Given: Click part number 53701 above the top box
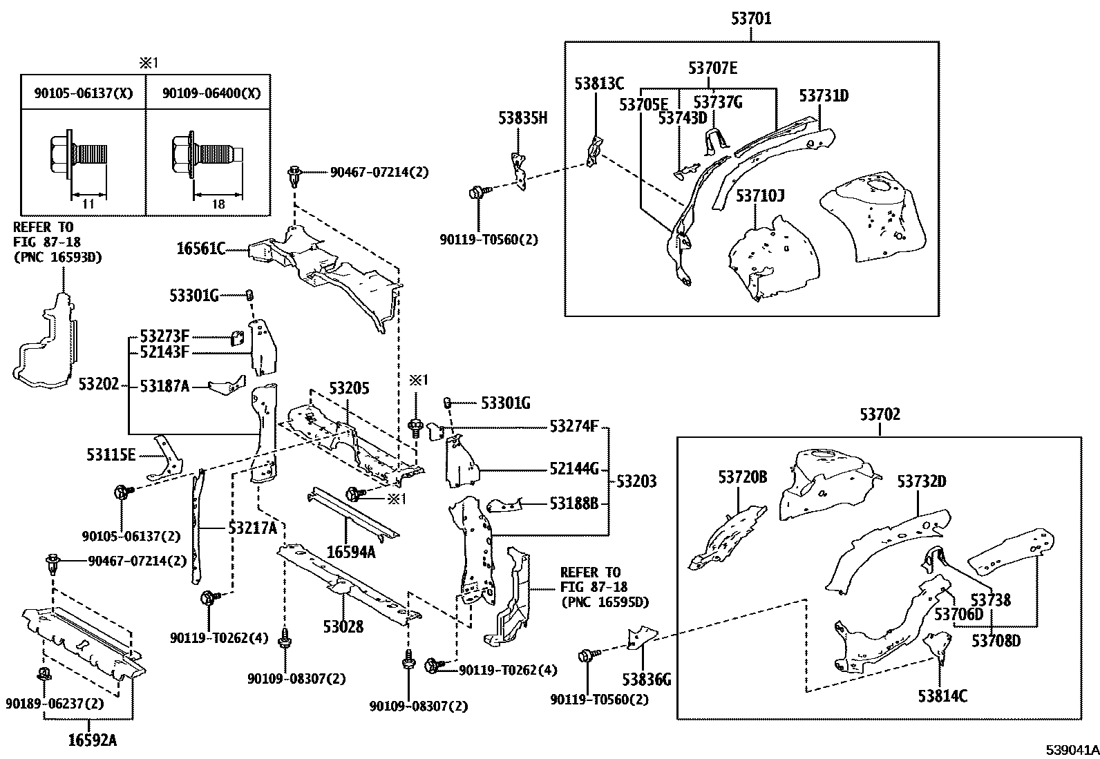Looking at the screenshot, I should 751,19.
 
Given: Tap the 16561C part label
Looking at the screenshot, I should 200,249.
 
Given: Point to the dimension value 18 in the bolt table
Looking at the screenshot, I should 218,205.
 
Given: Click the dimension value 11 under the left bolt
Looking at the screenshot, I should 88,205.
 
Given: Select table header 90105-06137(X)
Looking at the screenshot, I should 84,94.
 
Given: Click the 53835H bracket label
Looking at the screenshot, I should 522,119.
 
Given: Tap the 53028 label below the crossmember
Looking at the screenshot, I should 343,626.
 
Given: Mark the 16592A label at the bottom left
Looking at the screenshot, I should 92,740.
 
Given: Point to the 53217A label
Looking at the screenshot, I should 252,528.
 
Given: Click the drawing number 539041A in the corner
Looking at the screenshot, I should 1072,749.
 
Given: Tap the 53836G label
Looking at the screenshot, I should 647,681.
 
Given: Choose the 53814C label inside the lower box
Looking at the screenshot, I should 942,695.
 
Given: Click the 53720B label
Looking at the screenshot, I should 742,477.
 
